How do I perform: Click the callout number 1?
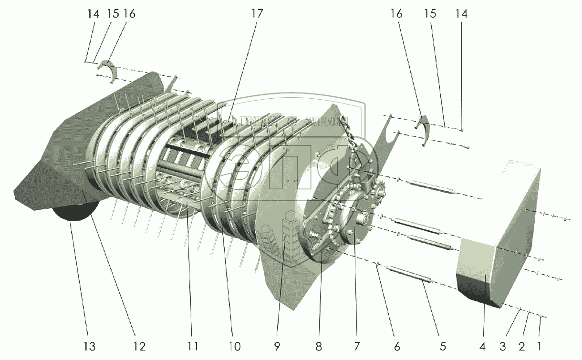(x=540, y=345)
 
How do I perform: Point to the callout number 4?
(x=484, y=345)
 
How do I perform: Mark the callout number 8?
(x=319, y=345)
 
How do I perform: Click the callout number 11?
(x=192, y=345)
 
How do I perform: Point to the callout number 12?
(x=139, y=345)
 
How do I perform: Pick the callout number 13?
(x=90, y=345)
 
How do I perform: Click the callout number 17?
(x=257, y=14)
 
